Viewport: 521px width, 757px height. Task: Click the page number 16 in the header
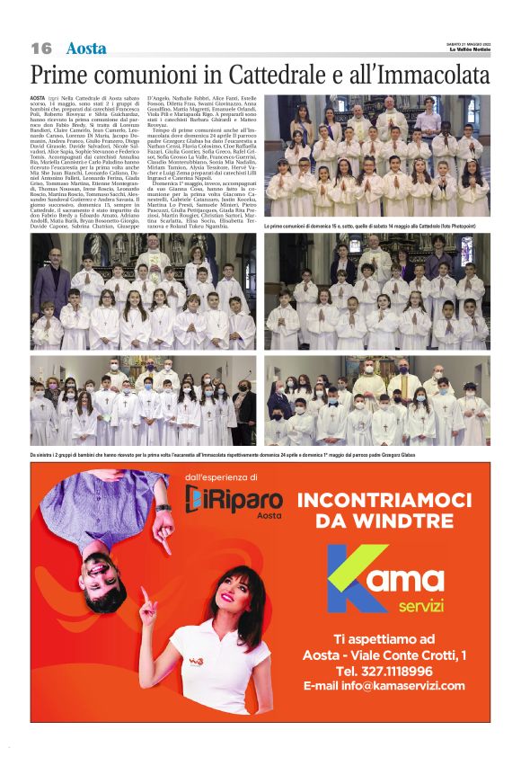point(41,48)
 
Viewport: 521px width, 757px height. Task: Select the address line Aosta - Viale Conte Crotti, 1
point(384,655)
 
